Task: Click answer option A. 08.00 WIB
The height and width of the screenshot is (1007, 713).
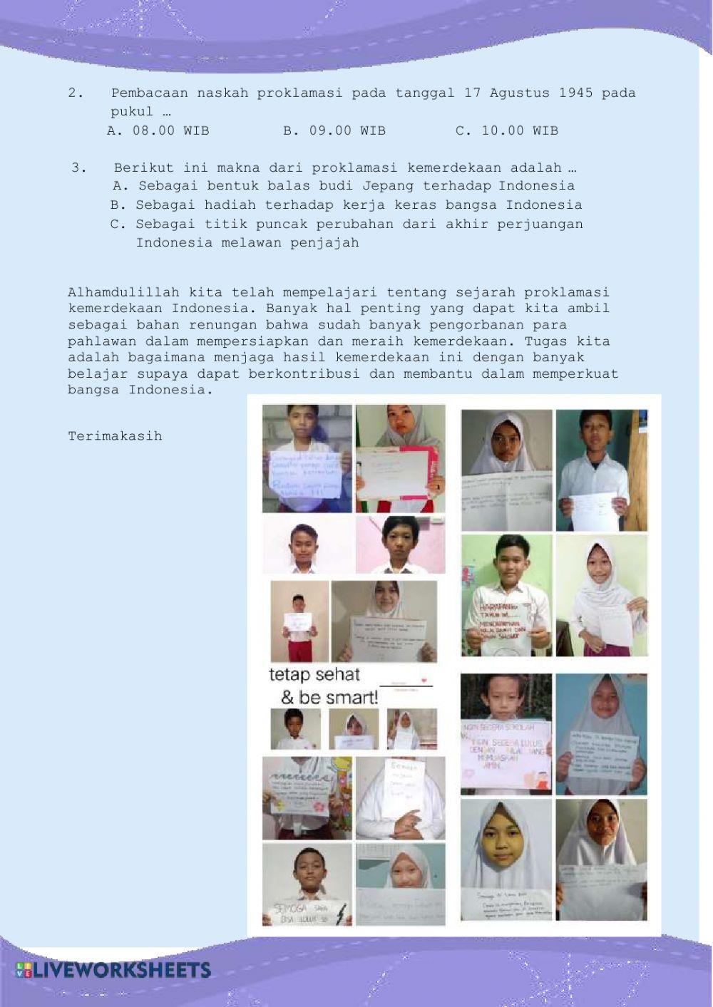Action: [158, 130]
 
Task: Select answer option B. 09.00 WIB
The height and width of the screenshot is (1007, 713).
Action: [334, 130]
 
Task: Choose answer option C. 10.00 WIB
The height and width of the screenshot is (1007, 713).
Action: [506, 130]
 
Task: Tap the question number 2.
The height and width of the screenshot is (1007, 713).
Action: [75, 93]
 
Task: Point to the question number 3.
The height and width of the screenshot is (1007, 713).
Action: [78, 168]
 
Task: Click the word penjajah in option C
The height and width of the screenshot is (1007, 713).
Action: [324, 243]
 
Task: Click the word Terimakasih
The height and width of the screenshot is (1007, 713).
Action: [115, 436]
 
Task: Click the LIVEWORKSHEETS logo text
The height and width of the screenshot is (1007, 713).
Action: [114, 969]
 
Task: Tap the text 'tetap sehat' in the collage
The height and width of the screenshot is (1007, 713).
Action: [314, 674]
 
